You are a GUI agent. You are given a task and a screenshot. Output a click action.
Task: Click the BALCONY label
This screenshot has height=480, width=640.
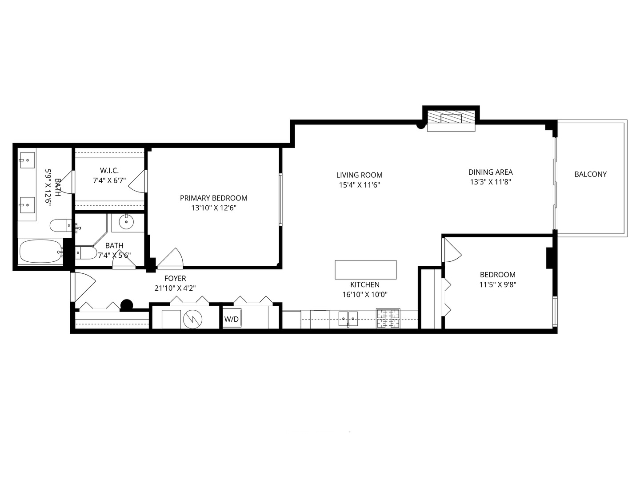coord(590,174)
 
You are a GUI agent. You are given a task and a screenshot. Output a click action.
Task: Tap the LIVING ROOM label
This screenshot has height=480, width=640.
coord(359,175)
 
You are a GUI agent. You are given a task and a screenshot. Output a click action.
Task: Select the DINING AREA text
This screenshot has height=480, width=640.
coord(490,172)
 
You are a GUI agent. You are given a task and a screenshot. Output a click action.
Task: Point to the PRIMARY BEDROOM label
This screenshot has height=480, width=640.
coord(213,198)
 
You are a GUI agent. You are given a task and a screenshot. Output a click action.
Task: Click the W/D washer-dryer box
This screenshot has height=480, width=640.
coord(231,319)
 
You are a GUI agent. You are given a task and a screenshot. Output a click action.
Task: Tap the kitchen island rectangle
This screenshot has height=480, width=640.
coord(365,270)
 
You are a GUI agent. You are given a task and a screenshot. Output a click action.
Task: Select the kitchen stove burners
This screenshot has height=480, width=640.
coord(388,319)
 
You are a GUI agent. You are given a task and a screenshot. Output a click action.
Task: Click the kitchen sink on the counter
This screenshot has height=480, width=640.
coord(348,318)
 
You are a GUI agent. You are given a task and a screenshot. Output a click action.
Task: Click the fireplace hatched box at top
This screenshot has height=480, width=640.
coord(451,118)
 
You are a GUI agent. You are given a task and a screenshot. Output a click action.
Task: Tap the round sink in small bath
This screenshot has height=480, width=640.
coord(127,221)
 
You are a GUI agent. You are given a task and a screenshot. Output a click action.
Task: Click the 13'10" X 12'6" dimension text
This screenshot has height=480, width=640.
coord(213,208)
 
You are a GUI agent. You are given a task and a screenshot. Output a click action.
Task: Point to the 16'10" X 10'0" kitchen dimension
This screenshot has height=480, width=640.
coord(365,294)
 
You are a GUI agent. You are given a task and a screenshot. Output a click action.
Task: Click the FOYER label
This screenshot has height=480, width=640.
coord(175,279)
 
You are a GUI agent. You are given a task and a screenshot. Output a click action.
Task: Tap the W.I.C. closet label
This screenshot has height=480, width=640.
coord(109,171)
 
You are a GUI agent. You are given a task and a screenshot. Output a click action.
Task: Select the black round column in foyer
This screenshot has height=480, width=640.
coord(127,304)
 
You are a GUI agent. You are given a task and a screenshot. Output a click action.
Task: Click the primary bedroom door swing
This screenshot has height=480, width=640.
coord(171,259)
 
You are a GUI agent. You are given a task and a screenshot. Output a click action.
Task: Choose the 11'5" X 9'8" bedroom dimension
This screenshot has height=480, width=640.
coord(497,284)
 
